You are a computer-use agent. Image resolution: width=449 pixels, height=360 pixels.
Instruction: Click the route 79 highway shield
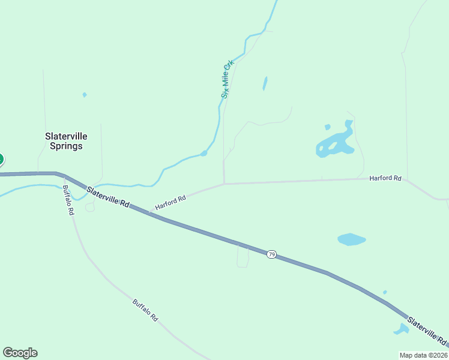[271, 255]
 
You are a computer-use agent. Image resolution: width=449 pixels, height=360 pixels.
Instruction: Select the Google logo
[20, 353]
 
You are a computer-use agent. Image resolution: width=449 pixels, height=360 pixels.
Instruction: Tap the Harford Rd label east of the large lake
[385, 178]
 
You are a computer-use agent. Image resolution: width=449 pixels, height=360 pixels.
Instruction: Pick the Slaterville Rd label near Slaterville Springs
[108, 197]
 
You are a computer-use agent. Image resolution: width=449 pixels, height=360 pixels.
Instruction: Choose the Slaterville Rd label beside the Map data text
[427, 331]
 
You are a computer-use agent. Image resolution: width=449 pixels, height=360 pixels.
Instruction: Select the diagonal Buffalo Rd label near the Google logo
[145, 310]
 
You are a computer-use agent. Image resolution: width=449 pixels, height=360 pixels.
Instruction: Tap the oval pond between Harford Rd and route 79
[351, 239]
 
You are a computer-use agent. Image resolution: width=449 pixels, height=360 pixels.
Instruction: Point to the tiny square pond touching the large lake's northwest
[327, 127]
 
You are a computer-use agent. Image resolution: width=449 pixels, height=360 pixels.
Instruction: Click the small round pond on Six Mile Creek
[203, 154]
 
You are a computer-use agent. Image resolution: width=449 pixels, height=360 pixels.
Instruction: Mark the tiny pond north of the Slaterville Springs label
[85, 95]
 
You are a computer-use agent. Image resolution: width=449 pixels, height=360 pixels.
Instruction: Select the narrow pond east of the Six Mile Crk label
[265, 83]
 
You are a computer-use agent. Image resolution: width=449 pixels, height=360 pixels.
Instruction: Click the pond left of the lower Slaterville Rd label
[400, 329]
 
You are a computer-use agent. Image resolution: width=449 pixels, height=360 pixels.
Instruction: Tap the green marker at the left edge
[1, 159]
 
